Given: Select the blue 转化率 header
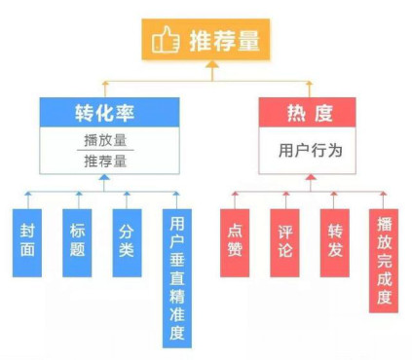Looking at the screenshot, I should click(x=99, y=113).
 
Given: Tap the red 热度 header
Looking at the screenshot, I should click(x=311, y=113).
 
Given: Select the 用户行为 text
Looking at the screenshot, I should click(x=311, y=151).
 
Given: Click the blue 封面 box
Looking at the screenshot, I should click(x=28, y=241).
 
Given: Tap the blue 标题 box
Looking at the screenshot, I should click(x=78, y=241).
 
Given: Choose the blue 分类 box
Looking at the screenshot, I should click(x=127, y=241).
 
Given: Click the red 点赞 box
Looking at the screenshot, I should click(x=235, y=241).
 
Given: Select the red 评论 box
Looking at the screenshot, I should click(x=284, y=241).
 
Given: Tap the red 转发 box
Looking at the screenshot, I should click(x=334, y=241).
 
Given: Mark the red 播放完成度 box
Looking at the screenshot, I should click(x=384, y=259).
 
